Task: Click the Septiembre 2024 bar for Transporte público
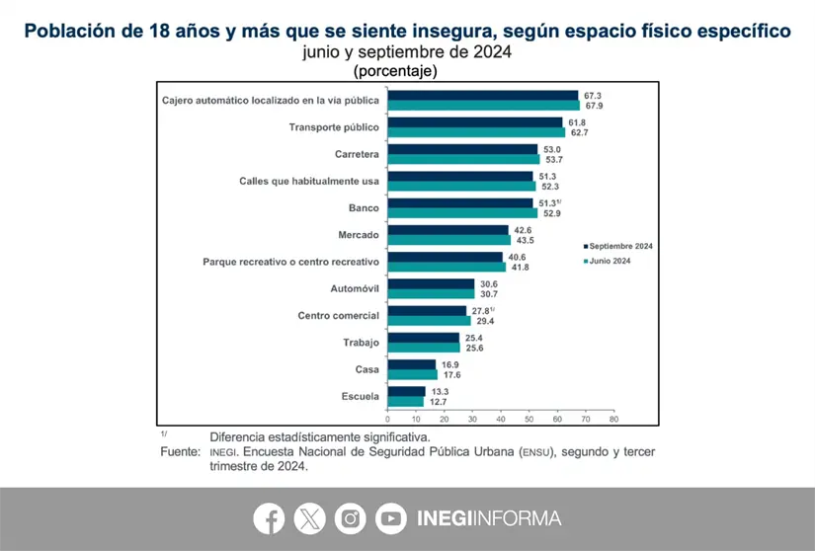click(x=475, y=122)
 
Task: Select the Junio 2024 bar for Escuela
click(x=406, y=402)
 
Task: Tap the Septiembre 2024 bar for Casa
click(x=412, y=364)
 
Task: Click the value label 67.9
click(x=594, y=105)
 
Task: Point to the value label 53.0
click(x=552, y=149)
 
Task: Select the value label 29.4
click(x=485, y=321)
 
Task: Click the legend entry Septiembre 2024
click(x=620, y=246)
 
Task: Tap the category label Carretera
click(x=358, y=155)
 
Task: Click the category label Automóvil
click(x=354, y=288)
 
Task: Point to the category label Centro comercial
click(x=339, y=315)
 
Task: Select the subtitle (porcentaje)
click(x=395, y=71)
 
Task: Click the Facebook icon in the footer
click(x=269, y=518)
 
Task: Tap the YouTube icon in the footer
click(x=390, y=518)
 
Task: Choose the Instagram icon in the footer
click(x=350, y=518)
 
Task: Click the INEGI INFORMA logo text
click(x=489, y=518)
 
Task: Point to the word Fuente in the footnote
click(x=180, y=450)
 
